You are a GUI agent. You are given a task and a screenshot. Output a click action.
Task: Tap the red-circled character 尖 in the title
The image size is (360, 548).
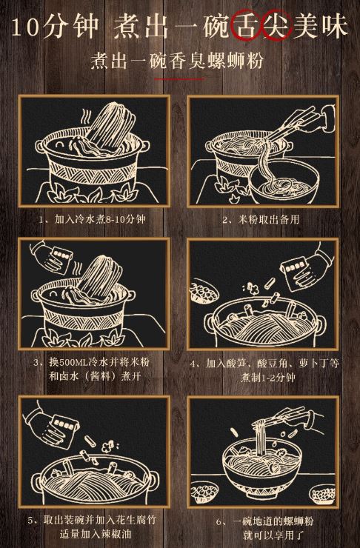click(277, 26)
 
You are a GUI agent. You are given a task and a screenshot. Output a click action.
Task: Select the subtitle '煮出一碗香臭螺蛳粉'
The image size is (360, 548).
click(177, 61)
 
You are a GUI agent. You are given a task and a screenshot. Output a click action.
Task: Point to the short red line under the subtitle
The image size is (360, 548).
click(179, 79)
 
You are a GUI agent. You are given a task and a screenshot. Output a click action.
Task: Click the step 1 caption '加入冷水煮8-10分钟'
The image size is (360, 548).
click(100, 219)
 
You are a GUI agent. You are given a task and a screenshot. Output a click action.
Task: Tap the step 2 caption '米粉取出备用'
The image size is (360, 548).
click(269, 219)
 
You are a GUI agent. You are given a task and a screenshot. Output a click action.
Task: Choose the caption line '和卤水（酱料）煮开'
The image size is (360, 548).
click(95, 376)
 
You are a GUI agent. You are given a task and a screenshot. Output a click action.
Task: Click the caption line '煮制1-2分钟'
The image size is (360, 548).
click(267, 378)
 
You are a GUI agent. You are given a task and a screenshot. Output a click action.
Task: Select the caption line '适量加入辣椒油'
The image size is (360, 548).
click(95, 534)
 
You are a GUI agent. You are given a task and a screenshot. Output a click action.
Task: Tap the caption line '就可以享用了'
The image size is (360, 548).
click(273, 535)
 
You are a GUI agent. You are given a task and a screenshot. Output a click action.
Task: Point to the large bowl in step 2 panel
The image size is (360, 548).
click(285, 182)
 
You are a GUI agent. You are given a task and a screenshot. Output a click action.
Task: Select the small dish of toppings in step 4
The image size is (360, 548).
click(204, 290)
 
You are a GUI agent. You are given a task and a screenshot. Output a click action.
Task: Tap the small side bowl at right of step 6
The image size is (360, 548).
click(323, 494)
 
